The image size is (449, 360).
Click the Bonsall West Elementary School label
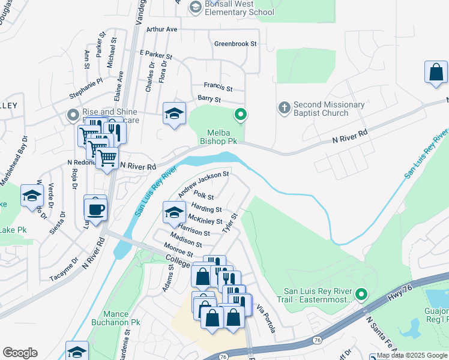tap(240, 8)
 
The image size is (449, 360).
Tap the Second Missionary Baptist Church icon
tap(285, 108)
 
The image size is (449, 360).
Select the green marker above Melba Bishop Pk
tap(241, 113)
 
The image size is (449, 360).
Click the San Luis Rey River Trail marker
tap(361, 294)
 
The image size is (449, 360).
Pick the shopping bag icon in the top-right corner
tap(436, 72)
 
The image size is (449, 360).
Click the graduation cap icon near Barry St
tap(174, 114)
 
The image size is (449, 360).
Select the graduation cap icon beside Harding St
tap(174, 212)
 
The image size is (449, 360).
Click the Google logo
tap(20, 353)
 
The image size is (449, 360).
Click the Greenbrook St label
tap(235, 44)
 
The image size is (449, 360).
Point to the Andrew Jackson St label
tap(203, 184)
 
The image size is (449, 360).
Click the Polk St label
tap(204, 197)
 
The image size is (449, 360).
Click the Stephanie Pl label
tap(86, 88)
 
